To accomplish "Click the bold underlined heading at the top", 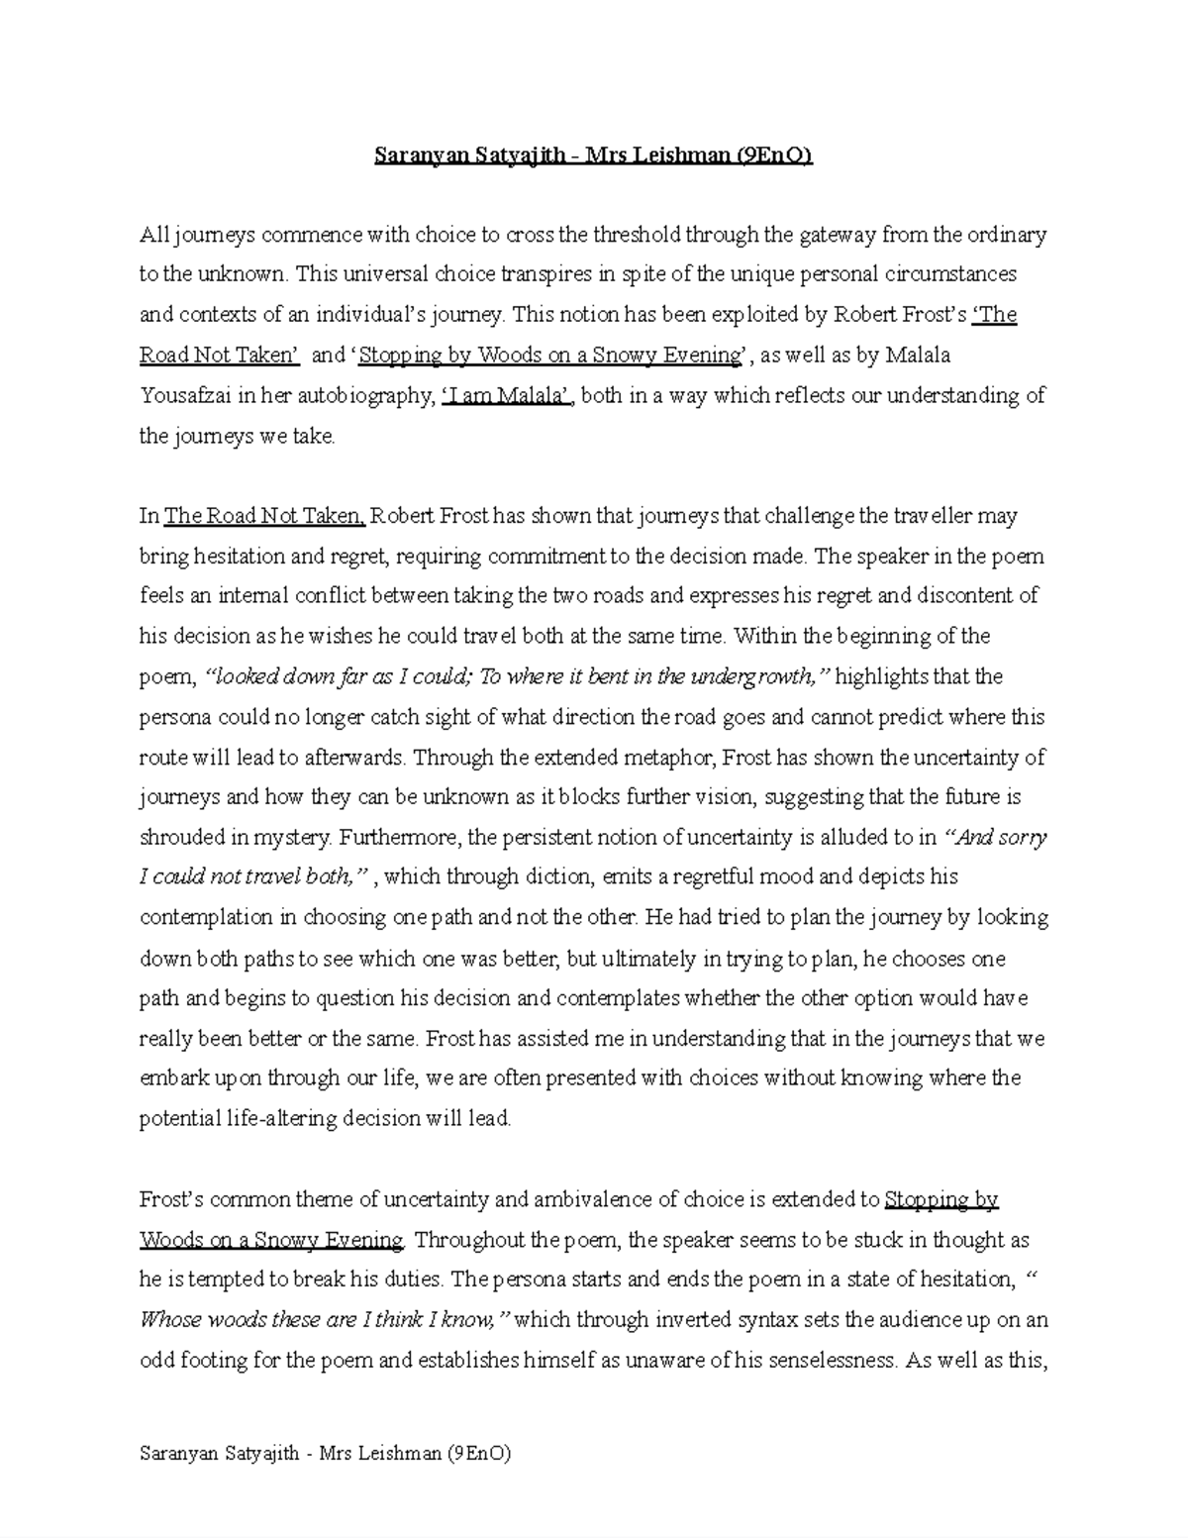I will coord(593,155).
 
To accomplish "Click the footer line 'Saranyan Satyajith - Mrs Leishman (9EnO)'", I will coord(326,1455).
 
